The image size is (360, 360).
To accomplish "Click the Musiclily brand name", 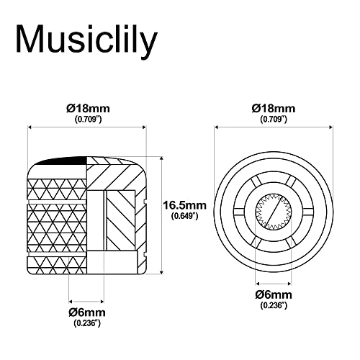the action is point(86,39).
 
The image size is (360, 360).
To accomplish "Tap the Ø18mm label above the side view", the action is point(88,109).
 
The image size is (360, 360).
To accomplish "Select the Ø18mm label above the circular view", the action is point(274,109).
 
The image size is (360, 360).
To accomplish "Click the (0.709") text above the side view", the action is point(88,119).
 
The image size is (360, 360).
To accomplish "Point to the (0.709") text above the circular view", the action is point(274,119).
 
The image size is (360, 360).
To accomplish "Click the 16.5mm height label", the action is point(184,205).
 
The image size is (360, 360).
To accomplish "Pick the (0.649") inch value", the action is point(184,216).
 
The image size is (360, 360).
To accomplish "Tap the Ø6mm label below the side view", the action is point(87,312).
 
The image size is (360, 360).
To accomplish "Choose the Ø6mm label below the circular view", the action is point(274,294).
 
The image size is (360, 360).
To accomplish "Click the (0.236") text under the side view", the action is point(87,323).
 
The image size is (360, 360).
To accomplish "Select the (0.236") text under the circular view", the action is point(274,305).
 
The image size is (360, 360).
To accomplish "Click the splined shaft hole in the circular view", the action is point(274,212).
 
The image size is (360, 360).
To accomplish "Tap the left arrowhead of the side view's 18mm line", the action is point(30,127).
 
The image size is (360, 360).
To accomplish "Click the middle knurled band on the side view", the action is point(57,228).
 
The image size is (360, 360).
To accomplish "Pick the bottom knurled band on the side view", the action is point(57,265).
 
